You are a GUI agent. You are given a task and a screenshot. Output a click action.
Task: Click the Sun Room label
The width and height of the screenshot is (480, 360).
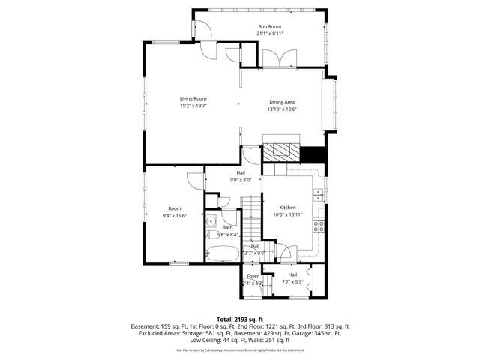271,26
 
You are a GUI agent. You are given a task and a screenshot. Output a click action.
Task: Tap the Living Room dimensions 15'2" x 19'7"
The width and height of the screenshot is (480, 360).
193,106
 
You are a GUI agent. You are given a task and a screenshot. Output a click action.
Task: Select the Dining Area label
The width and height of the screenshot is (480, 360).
283,101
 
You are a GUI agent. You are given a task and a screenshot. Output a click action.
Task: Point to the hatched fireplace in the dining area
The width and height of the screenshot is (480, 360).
280,149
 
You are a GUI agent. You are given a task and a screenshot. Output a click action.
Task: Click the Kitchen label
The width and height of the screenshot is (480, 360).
288,208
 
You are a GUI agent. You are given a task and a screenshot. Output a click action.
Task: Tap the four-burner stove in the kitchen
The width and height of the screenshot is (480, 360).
319,226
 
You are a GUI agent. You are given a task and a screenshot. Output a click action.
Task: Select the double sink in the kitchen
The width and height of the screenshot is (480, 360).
319,196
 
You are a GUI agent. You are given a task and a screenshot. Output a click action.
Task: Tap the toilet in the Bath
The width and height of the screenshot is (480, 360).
211,235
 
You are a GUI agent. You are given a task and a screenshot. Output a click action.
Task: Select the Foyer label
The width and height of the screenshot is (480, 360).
253,276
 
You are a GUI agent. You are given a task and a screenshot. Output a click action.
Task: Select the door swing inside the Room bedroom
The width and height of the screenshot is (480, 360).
194,180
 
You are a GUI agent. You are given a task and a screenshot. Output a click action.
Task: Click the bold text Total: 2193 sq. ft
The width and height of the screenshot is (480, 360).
240,319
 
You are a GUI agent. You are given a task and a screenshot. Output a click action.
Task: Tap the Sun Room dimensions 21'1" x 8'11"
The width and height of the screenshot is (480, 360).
271,34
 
